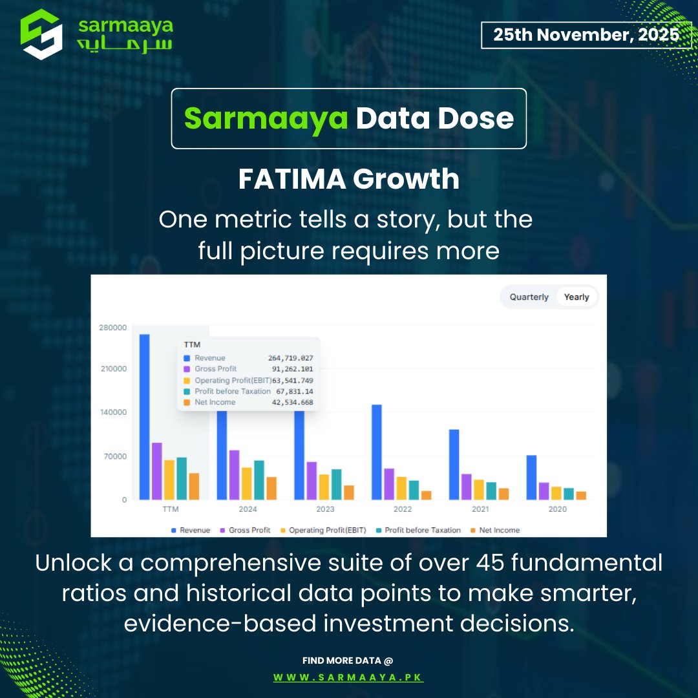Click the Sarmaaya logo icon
(x=41, y=34)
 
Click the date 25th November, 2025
(x=586, y=35)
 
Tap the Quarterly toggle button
(x=529, y=297)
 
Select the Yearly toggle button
(x=576, y=297)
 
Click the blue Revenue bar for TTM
(x=144, y=417)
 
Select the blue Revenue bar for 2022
(x=377, y=452)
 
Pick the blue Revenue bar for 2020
(x=531, y=477)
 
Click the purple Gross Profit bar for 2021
(x=467, y=487)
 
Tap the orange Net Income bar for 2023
(x=349, y=492)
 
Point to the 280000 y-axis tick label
(x=114, y=328)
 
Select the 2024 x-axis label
(x=248, y=509)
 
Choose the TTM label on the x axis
(x=170, y=509)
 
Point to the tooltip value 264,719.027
(x=291, y=358)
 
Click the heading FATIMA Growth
(x=349, y=179)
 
